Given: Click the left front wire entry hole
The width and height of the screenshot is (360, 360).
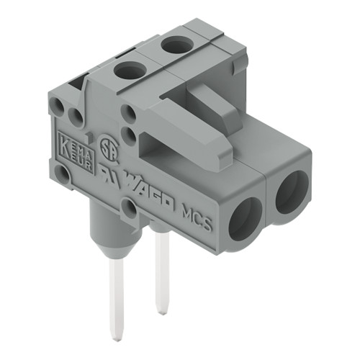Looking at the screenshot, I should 245,217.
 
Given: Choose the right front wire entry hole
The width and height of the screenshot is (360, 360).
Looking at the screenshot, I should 291,193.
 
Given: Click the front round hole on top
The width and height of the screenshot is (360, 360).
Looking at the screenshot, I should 129,70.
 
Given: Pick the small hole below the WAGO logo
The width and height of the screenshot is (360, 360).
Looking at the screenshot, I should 130,210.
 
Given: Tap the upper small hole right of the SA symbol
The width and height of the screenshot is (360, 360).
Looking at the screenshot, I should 130,112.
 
